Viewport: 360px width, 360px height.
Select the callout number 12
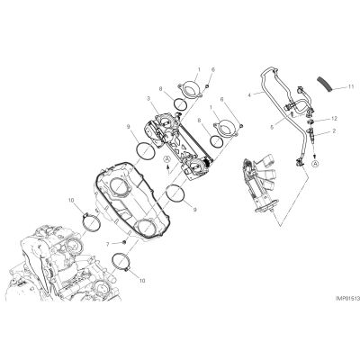point(334,119)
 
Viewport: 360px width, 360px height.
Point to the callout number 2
point(334,131)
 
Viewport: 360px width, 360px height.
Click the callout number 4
point(248,95)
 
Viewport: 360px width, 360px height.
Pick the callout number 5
point(272,127)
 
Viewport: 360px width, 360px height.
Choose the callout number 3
point(148,98)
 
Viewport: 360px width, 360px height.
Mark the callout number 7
point(108,245)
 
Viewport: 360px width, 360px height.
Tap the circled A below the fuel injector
point(315,164)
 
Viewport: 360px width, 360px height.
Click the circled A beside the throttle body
point(167,159)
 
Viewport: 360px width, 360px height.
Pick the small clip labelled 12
point(311,121)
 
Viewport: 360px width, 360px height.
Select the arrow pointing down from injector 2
point(315,152)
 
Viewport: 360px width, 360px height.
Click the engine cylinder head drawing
point(65,264)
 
